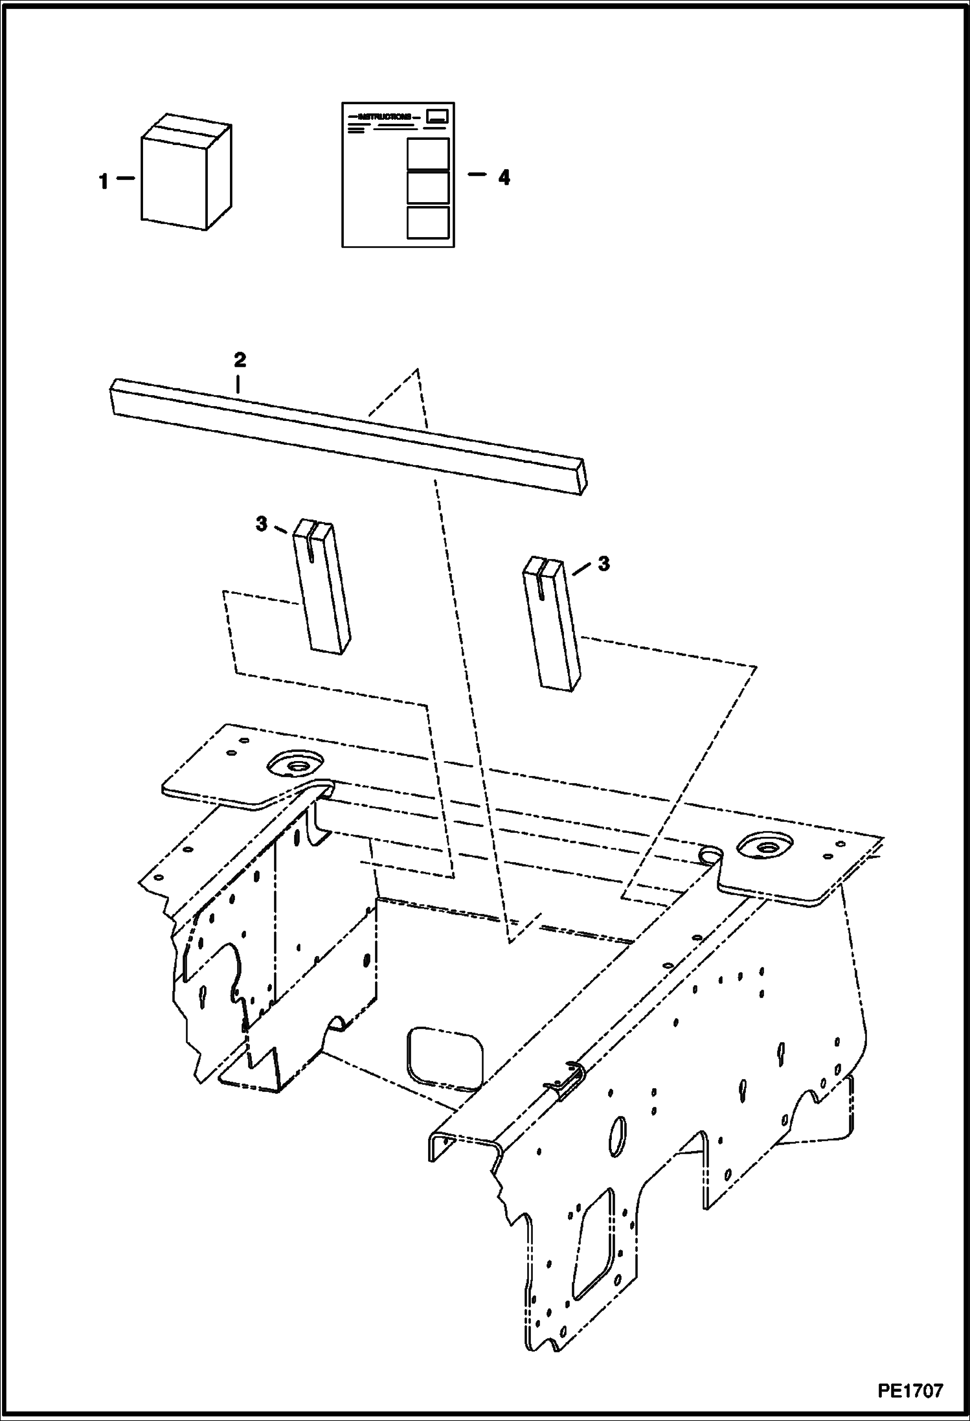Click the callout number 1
coord(104,182)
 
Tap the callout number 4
coord(504,177)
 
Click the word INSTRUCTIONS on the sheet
coord(385,117)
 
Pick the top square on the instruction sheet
coord(427,153)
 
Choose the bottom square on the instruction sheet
coord(427,222)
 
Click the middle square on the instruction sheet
coord(427,188)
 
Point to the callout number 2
coord(240,360)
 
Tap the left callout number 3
coord(261,524)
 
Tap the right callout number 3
coord(603,563)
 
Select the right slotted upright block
coord(550,623)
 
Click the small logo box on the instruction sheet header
coord(438,116)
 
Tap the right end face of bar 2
coord(582,476)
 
